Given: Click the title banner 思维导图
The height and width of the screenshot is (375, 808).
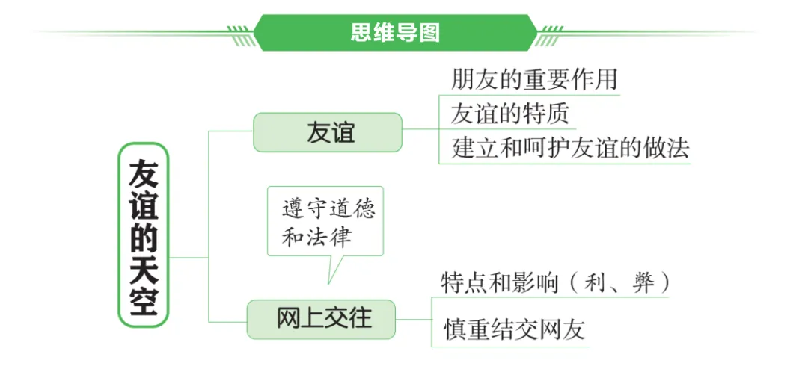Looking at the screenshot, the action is [395, 32].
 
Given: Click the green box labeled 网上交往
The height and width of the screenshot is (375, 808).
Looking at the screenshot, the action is [323, 317].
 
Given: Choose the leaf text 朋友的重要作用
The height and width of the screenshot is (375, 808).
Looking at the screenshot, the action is [534, 79].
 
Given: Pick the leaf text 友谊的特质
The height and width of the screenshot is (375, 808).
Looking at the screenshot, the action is [509, 113].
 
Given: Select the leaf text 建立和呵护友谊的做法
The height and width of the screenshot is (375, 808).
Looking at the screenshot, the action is [569, 148].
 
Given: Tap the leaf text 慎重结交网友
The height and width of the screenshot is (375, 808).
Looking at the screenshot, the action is [513, 329].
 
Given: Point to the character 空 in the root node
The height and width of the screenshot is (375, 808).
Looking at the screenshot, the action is [144, 303].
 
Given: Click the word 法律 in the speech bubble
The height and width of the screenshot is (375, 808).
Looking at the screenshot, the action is [338, 238].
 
